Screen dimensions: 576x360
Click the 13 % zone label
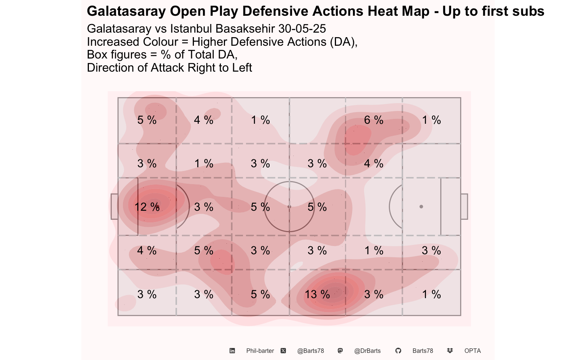317,294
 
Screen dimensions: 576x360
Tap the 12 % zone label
147,207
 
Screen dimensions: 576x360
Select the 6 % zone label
373,120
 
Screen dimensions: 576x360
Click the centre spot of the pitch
289,207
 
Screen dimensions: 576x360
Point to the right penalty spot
421,207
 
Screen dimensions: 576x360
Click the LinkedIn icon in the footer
232,351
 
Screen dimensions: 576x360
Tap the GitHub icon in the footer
398,351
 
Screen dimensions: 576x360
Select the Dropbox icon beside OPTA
450,351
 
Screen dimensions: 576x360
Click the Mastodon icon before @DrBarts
340,351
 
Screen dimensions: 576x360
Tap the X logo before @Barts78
283,351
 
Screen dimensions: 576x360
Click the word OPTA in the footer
472,351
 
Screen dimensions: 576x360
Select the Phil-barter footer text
260,351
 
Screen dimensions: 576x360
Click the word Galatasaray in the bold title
126,12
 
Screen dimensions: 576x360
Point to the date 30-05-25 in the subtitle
302,28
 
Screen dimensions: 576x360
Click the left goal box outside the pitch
114,207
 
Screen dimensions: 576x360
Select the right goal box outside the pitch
464,207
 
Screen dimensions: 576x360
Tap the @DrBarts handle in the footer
367,351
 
